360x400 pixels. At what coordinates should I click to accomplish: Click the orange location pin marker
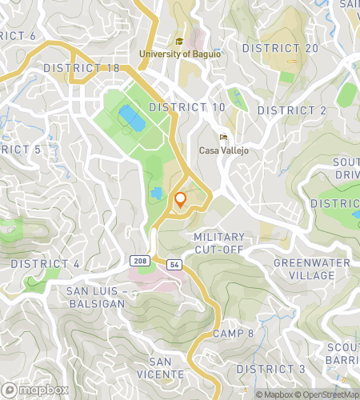181,199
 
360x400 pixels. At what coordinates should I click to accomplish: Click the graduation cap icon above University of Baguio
179,41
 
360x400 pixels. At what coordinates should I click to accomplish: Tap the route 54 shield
174,264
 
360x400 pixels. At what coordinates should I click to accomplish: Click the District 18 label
82,68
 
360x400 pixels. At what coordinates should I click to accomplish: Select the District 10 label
187,106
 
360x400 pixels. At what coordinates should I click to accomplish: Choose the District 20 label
281,49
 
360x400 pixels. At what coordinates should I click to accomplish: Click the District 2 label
292,110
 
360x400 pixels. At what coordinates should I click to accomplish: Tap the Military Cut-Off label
218,244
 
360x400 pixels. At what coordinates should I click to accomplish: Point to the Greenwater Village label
304,269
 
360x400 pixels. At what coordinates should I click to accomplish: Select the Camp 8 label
234,334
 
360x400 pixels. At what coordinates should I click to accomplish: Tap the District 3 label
271,368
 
